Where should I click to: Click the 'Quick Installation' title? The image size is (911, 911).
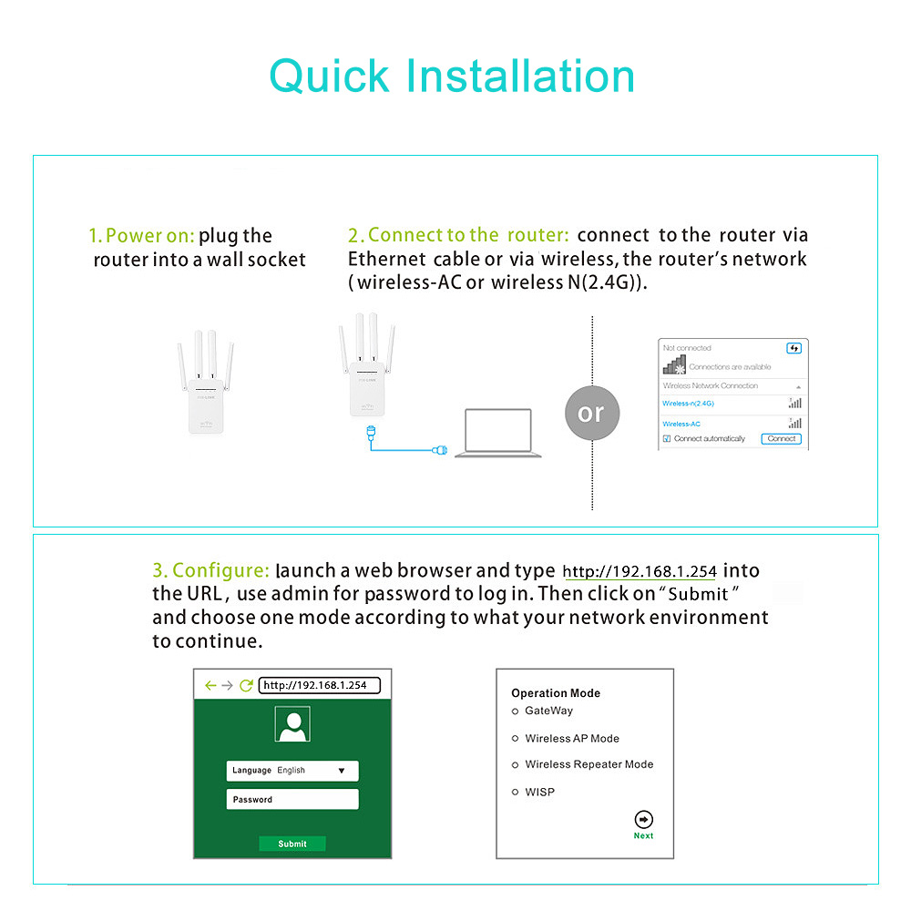point(452,76)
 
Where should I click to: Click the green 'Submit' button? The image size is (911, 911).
point(292,844)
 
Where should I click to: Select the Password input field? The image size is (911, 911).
point(292,800)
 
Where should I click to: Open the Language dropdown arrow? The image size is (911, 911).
point(342,771)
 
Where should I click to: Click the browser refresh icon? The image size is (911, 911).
point(246,685)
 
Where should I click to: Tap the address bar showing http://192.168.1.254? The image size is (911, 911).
point(319,685)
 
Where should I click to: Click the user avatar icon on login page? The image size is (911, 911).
point(292,725)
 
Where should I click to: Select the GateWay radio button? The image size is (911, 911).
point(516,711)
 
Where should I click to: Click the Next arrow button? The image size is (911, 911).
point(643,820)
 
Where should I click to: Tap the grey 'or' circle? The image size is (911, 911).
point(591,413)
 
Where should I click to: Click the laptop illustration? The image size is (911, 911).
point(497,433)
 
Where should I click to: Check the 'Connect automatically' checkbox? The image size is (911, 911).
point(667,439)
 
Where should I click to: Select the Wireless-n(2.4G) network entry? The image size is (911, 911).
point(689,403)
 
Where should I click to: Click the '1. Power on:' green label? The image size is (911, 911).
point(141,236)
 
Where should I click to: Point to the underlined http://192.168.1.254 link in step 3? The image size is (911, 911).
point(640,572)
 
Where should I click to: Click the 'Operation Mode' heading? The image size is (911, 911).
point(556,693)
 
